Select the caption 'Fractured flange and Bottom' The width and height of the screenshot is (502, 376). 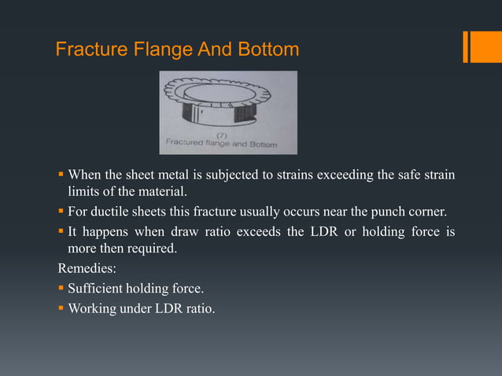point(227,145)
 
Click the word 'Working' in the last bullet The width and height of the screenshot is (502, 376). point(91,308)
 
